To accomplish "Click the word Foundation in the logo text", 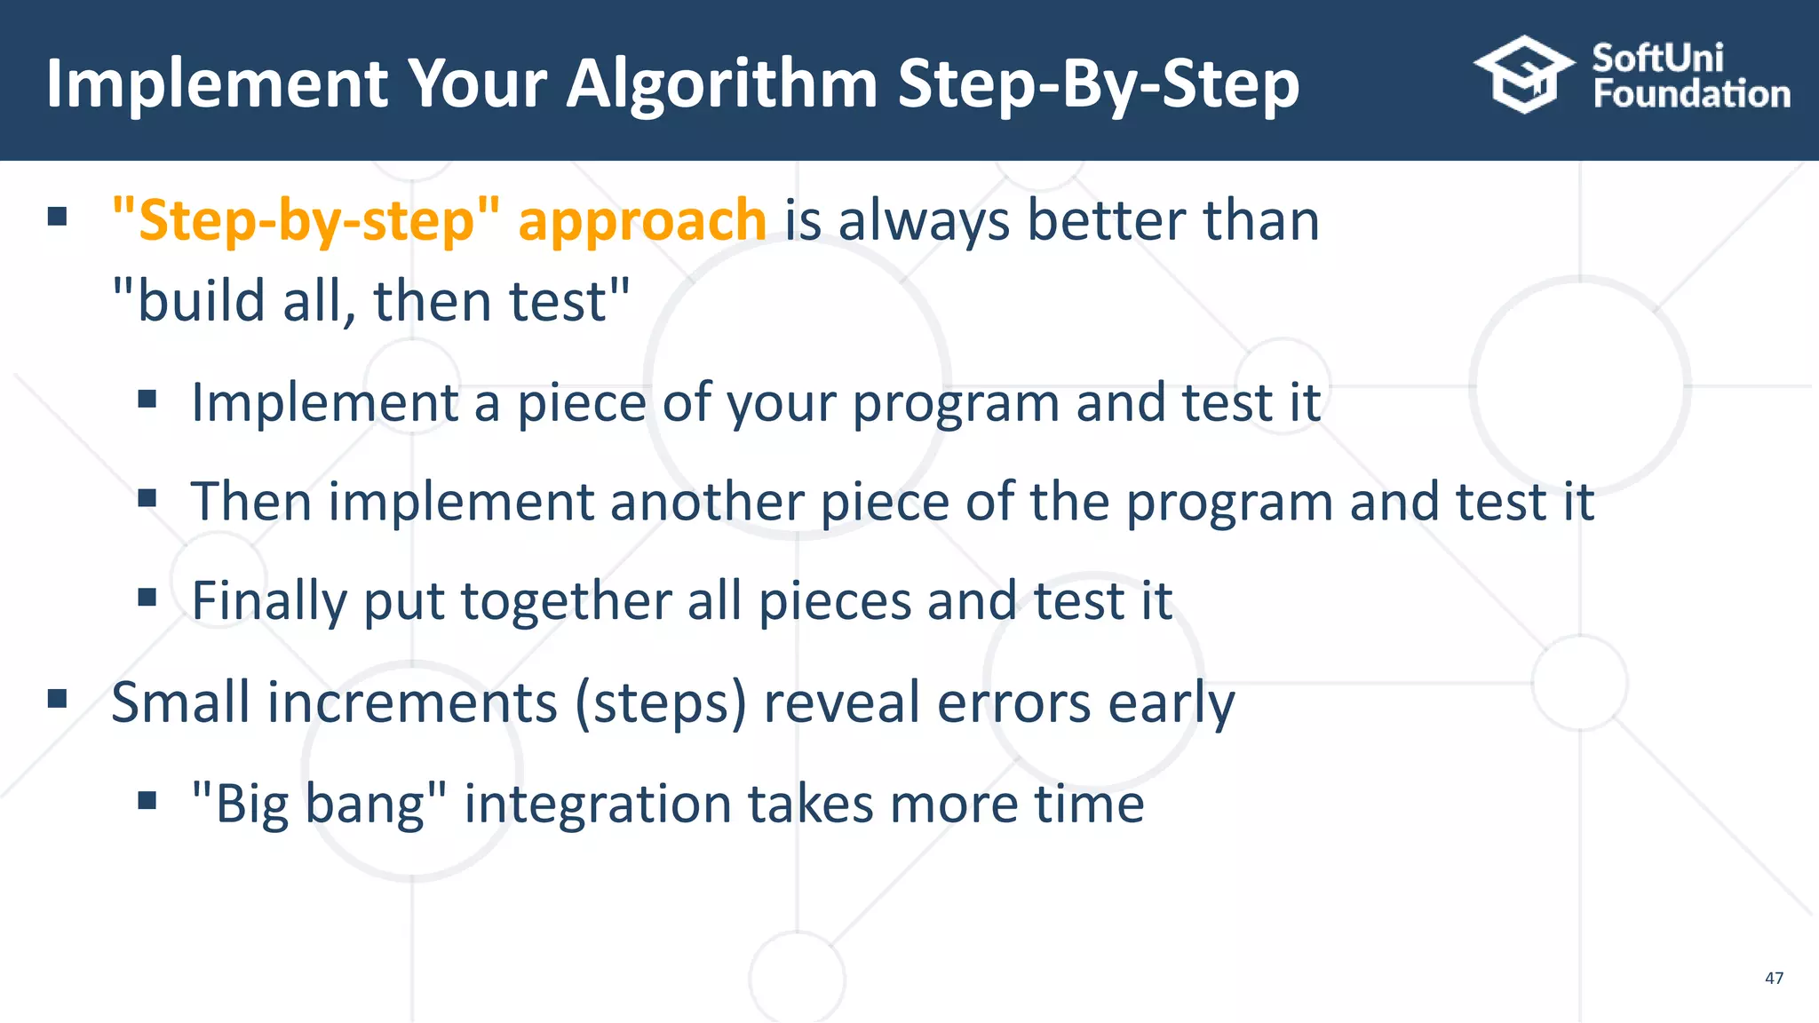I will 1691,94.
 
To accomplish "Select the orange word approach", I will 642,220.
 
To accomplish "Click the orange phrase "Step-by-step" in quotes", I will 306,220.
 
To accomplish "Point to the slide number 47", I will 1774,978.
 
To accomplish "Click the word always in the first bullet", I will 924,220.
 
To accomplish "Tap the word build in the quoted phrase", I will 201,300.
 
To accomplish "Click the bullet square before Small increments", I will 58,699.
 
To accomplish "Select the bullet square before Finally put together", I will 147,597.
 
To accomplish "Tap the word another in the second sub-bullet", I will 706,502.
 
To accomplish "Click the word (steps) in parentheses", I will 661,702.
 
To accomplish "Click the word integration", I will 597,804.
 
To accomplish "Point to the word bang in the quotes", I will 369,804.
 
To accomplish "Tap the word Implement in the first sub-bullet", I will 325,402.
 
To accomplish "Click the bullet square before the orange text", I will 58,217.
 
